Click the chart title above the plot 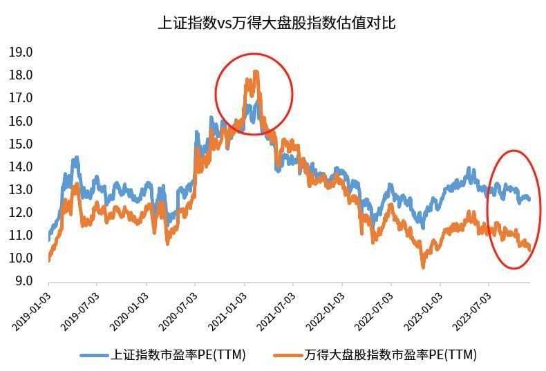pos(276,23)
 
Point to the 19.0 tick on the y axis pos(21,52)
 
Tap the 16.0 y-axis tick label pos(21,121)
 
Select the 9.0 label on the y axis pos(23,281)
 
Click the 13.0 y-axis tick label pos(21,189)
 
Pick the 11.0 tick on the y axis pos(21,236)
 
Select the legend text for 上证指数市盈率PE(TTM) pos(178,355)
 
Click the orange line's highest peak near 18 pos(256,72)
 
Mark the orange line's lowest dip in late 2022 pos(422,266)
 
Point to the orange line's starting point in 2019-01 pos(49,260)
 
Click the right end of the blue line pos(529,200)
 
